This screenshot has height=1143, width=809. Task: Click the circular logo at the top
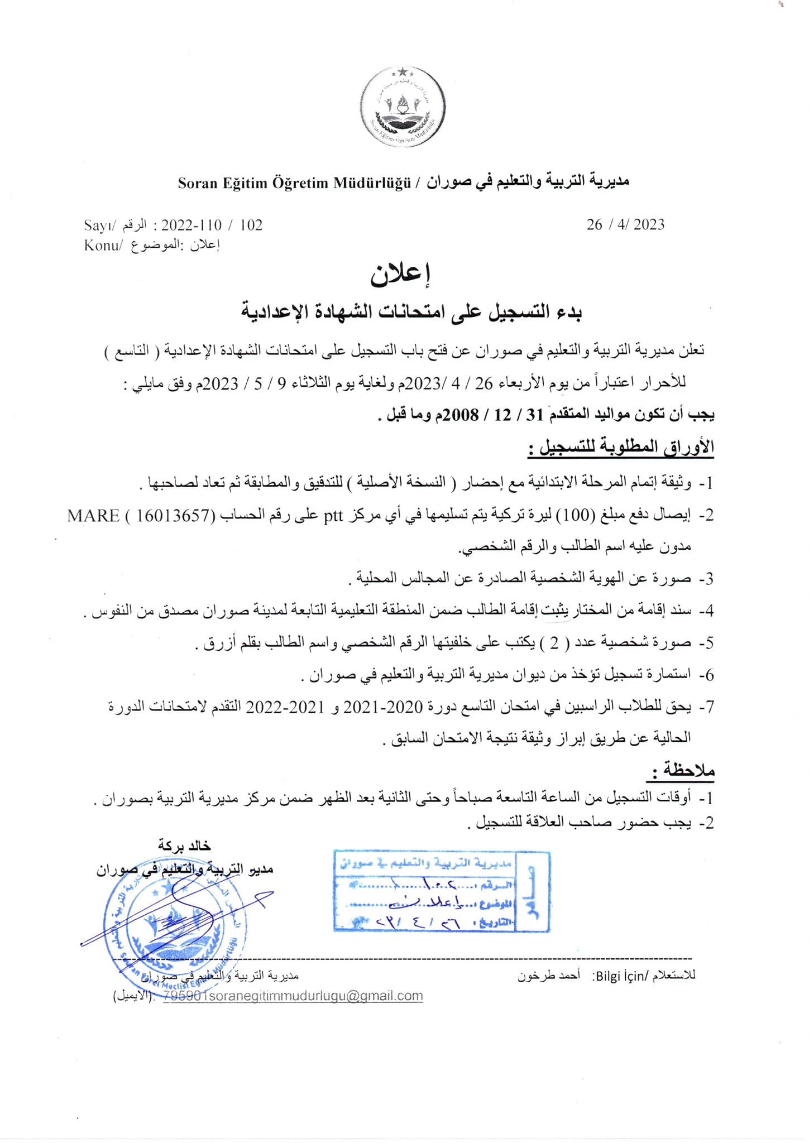point(403,106)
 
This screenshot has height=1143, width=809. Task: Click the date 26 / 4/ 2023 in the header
point(625,224)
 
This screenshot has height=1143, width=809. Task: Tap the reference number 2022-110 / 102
point(212,225)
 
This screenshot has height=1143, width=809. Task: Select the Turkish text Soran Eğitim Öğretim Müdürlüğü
point(294,183)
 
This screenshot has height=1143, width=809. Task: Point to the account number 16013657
point(175,515)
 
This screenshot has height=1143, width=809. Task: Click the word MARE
point(93,515)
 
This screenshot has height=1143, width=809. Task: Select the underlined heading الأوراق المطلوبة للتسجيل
point(621,448)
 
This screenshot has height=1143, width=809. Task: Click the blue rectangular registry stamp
point(441,891)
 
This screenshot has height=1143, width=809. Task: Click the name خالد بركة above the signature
point(184,846)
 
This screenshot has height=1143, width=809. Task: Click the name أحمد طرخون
point(549,976)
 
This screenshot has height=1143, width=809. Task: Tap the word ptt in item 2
point(333,515)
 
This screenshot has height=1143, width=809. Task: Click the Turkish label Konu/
point(102,245)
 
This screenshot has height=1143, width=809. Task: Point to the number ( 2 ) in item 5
point(554,643)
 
